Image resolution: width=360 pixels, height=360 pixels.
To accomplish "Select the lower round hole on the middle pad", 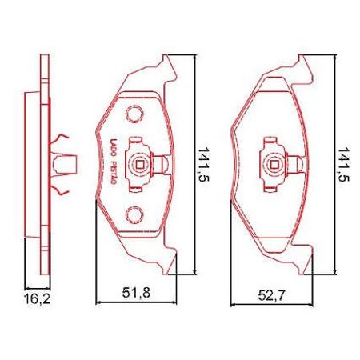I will point(134,214).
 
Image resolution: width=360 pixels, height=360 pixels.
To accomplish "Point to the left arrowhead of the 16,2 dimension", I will point(28,286).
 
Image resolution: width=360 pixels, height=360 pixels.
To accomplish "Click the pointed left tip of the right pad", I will point(230,128).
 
